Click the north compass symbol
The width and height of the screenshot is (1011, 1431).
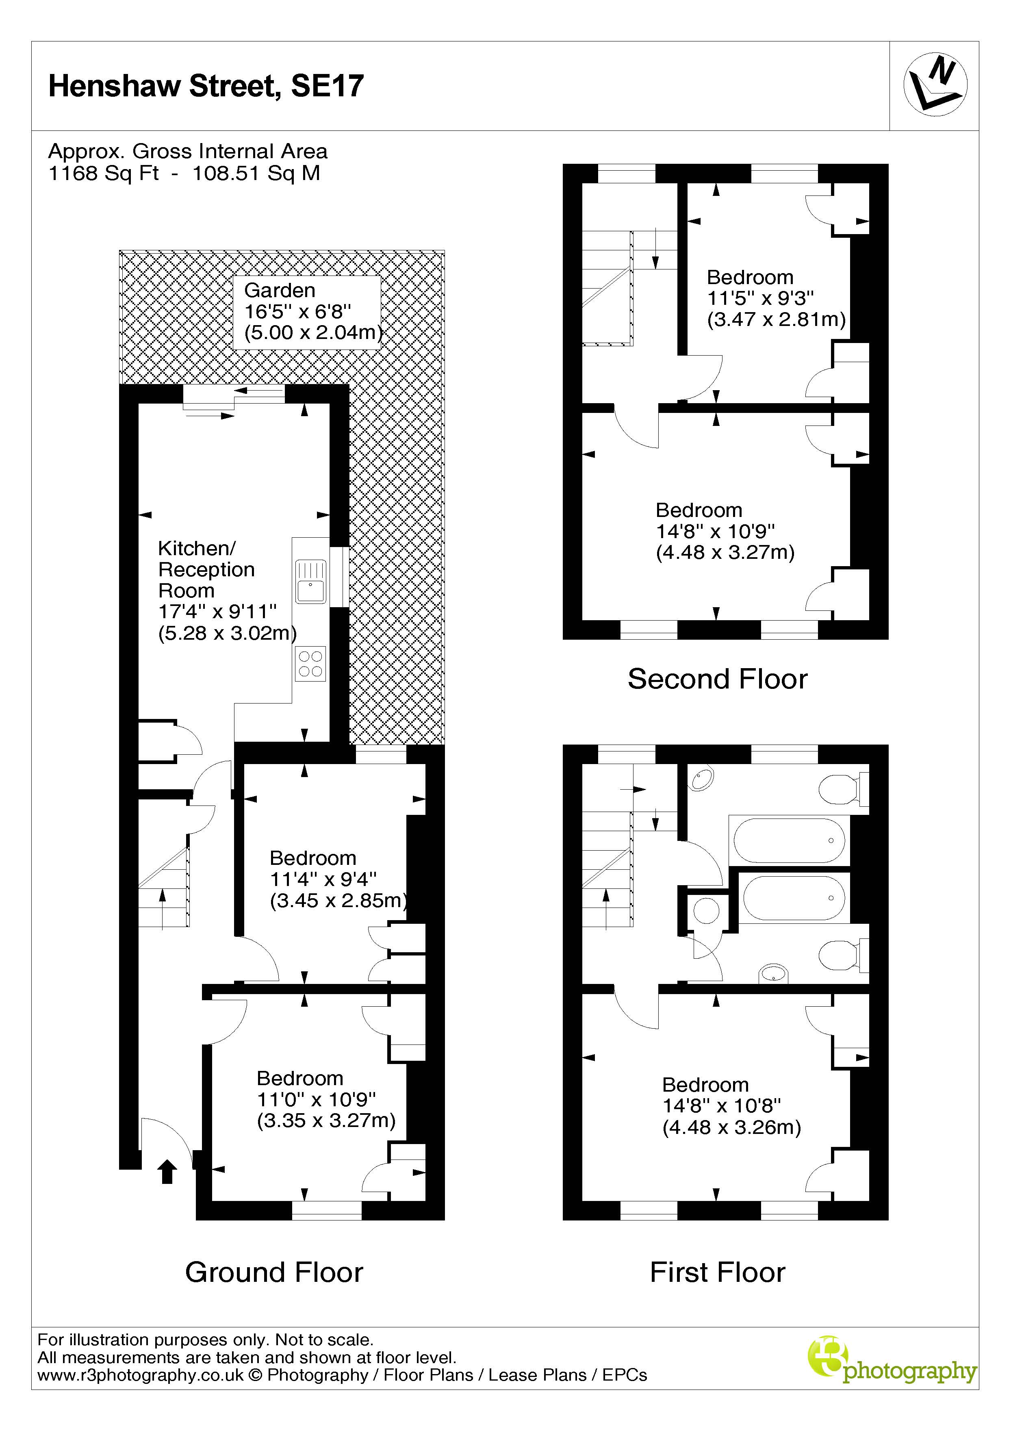pyautogui.click(x=935, y=84)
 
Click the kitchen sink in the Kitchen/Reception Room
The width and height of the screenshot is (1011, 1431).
pyautogui.click(x=310, y=582)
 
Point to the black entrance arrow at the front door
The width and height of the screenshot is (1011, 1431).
pyautogui.click(x=167, y=1172)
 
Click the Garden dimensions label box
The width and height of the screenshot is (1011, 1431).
pyautogui.click(x=307, y=312)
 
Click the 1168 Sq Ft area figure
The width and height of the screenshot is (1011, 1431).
pyautogui.click(x=104, y=173)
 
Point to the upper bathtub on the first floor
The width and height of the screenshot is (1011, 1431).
pyautogui.click(x=790, y=840)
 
